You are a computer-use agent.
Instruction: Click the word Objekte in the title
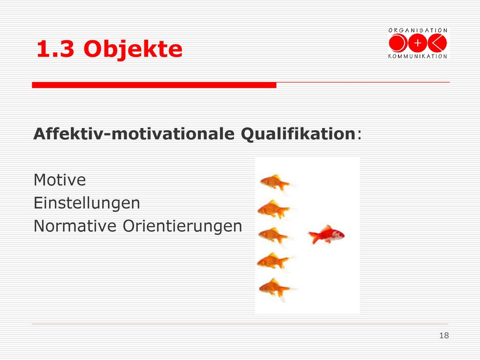click(133, 49)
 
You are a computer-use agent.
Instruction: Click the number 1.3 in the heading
click(55, 49)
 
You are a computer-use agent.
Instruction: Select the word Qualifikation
click(298, 134)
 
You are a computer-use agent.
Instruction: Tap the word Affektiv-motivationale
click(134, 134)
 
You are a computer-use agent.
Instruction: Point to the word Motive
click(60, 180)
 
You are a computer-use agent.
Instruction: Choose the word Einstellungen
click(87, 203)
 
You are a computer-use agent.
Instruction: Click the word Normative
click(75, 226)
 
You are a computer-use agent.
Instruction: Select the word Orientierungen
click(182, 226)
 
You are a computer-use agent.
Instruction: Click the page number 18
click(444, 336)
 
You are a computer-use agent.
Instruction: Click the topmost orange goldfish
click(275, 183)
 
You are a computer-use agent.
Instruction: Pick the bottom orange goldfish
click(274, 289)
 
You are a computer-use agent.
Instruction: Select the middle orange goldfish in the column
click(273, 236)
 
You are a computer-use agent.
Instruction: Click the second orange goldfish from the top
click(273, 210)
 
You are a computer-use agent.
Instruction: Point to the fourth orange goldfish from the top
click(273, 262)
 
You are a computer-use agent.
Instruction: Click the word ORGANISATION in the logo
click(418, 30)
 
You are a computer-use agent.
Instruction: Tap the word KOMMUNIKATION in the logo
click(418, 56)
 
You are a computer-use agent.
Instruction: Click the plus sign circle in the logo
click(418, 43)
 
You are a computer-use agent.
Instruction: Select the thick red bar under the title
click(154, 85)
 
